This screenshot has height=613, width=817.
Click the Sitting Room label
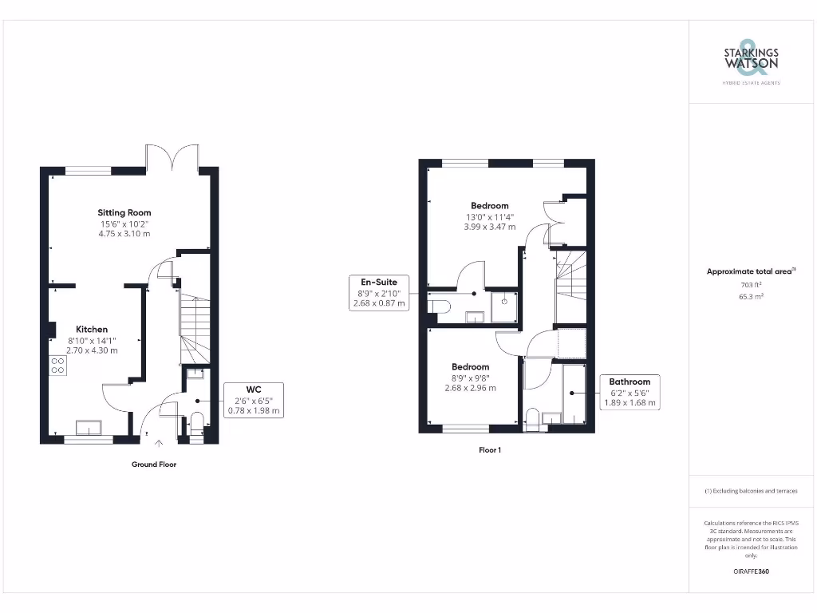(124, 212)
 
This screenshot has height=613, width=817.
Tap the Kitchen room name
(92, 329)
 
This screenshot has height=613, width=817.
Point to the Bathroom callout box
(630, 392)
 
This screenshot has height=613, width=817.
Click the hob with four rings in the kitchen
(57, 365)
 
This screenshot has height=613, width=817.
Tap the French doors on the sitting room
(172, 157)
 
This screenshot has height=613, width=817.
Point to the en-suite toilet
(439, 305)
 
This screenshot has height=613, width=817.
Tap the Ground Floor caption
(154, 465)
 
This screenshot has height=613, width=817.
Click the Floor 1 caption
(490, 450)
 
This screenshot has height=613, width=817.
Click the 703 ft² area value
(751, 284)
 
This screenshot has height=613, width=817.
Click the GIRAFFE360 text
(751, 571)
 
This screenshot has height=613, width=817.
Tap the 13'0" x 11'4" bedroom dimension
(489, 216)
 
